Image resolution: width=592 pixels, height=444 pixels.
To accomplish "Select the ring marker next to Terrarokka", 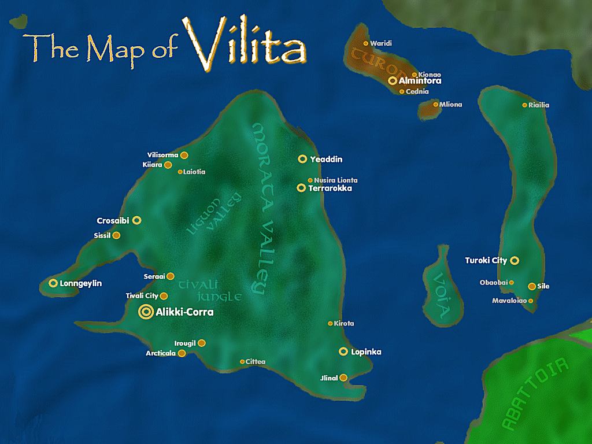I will click(301, 188).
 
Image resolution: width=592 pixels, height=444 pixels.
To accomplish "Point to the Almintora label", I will click(420, 82).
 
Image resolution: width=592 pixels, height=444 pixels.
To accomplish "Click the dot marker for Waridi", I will click(365, 43).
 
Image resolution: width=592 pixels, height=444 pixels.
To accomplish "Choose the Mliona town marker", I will click(435, 105).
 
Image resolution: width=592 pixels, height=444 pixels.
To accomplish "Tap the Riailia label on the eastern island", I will click(538, 105).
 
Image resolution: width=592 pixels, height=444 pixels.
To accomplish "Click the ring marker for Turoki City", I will click(515, 261).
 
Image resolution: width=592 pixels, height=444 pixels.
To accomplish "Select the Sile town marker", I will click(531, 286).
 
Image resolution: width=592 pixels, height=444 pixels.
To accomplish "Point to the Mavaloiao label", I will click(509, 301).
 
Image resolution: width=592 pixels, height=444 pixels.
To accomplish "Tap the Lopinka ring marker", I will click(343, 351).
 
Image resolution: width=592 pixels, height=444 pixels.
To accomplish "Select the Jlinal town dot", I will click(343, 378).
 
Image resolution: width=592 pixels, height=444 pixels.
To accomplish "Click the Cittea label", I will click(255, 362).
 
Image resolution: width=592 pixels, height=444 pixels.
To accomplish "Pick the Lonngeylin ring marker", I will click(53, 283).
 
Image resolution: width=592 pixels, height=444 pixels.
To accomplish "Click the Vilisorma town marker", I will click(184, 155).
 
